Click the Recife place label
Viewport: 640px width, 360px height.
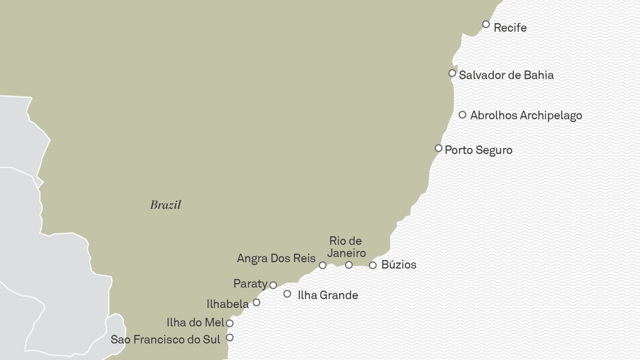click(x=510, y=28)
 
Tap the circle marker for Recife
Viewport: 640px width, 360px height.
click(x=486, y=24)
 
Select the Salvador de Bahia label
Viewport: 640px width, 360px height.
click(x=506, y=75)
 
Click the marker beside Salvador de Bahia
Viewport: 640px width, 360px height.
click(x=452, y=73)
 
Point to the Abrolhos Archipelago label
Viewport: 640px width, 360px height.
click(x=526, y=116)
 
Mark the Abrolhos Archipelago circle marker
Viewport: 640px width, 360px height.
click(x=462, y=115)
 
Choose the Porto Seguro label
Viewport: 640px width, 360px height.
click(x=478, y=150)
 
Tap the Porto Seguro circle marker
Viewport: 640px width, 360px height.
click(x=438, y=148)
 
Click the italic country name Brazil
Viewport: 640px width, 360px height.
click(x=166, y=205)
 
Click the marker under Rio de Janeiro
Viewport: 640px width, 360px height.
click(x=349, y=265)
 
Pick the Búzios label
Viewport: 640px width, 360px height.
click(x=399, y=265)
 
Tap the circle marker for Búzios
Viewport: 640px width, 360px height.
click(x=373, y=265)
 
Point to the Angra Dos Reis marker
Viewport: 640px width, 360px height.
click(x=323, y=265)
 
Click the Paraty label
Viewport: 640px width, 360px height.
click(x=250, y=284)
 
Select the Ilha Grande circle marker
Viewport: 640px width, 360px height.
click(x=287, y=294)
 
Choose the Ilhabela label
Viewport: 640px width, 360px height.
click(x=228, y=304)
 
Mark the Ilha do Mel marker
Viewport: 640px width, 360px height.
click(x=230, y=324)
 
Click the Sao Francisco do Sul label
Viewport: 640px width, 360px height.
click(x=165, y=340)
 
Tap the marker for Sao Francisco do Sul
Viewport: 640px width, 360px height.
click(x=230, y=337)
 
